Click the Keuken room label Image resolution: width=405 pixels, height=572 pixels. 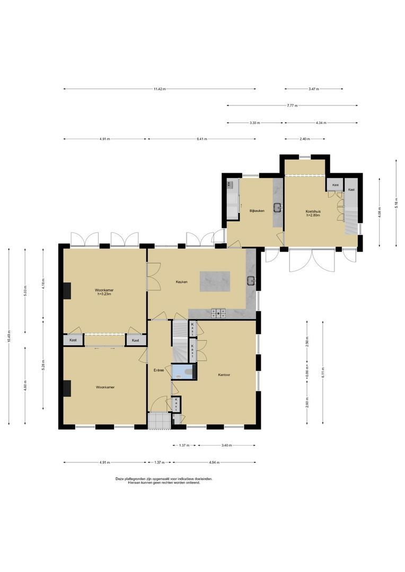182,282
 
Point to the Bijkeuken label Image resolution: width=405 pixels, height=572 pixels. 257,210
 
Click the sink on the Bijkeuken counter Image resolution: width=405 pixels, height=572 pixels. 278,208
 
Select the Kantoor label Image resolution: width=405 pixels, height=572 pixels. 224,375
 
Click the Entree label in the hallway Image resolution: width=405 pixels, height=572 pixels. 159,370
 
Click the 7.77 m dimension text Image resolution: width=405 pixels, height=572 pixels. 292,106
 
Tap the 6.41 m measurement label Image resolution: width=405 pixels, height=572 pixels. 201,139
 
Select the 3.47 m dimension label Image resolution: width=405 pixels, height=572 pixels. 314,89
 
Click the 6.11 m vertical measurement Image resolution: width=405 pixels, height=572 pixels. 322,372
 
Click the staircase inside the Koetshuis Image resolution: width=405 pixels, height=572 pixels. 351,215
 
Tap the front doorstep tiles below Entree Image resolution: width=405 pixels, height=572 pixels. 159,421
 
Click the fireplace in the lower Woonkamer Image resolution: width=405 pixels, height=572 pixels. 67,388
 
